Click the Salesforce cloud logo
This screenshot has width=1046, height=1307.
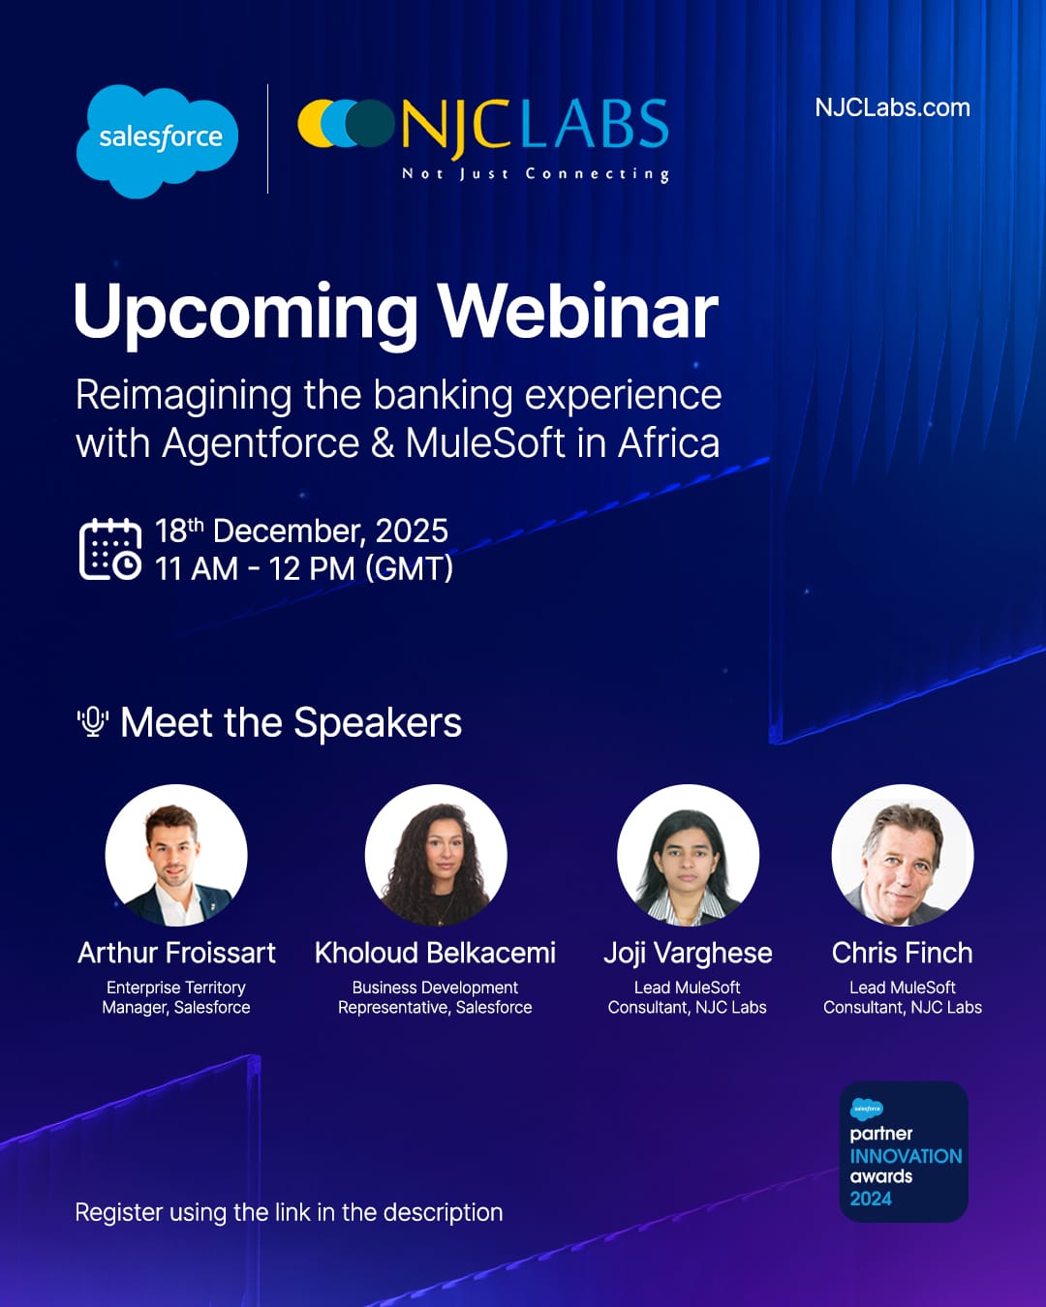(x=157, y=140)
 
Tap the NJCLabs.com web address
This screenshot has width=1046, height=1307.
(x=892, y=107)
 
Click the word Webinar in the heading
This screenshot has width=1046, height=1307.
(x=577, y=312)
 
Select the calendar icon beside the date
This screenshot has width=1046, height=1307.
(x=109, y=549)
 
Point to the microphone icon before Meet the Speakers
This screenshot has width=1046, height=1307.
(x=93, y=721)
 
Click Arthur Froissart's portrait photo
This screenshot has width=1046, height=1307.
(x=176, y=855)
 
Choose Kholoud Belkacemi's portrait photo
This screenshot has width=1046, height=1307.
(x=435, y=855)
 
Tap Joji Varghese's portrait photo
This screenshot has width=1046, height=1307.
(x=688, y=855)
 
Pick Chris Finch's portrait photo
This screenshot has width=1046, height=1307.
(x=902, y=855)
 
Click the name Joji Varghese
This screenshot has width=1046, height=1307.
(x=688, y=954)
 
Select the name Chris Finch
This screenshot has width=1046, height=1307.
(x=902, y=953)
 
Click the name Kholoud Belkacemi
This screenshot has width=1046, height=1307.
(x=435, y=953)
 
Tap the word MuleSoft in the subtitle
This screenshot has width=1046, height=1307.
(x=484, y=443)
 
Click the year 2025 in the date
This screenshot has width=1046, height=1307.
(x=412, y=531)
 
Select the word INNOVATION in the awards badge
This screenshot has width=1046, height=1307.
(x=906, y=1156)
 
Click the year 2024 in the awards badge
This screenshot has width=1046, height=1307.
(x=871, y=1199)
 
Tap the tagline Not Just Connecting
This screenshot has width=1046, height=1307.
(x=536, y=174)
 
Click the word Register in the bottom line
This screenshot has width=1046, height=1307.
(x=118, y=1213)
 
